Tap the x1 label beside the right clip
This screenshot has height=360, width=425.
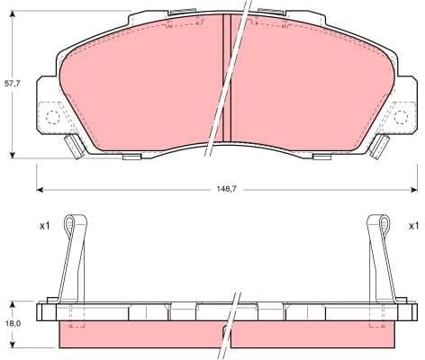413,225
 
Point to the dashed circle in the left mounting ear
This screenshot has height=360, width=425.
52,116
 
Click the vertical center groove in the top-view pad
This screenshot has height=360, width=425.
227,81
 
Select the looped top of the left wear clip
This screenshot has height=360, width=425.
77,223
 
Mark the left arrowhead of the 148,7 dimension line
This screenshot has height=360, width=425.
40,190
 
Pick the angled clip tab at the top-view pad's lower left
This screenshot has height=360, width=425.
75,148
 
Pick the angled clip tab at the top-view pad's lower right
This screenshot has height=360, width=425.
378,148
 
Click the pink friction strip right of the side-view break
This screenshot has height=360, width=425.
315,336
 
